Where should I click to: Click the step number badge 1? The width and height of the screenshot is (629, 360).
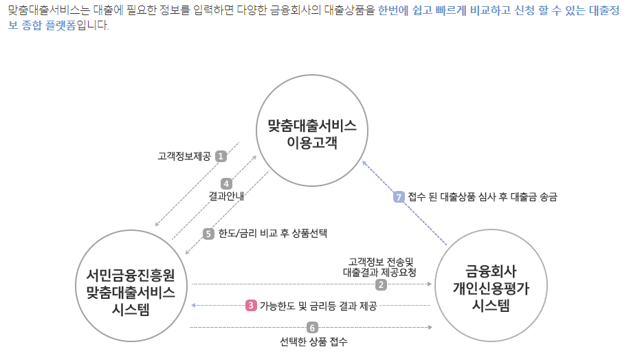tap(221, 156)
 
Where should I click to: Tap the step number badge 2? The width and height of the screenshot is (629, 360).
tap(380, 284)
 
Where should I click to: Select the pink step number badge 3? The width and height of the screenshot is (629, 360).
tap(251, 305)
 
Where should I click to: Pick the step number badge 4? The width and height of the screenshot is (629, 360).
tap(227, 183)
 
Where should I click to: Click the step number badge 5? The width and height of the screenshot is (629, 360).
tap(209, 234)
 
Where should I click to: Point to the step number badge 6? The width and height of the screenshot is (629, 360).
tap(313, 328)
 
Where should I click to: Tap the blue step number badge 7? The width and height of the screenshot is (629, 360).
tap(399, 196)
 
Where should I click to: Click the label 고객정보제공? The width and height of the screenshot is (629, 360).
tap(184, 157)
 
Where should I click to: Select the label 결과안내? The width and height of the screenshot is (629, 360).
tap(227, 196)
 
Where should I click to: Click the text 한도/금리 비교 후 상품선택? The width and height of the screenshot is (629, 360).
tap(272, 234)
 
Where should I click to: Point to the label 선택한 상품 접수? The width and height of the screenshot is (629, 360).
tap(313, 341)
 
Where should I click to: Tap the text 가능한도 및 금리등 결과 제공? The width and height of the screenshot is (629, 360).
tap(318, 306)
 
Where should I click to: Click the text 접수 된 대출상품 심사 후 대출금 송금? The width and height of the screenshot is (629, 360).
tap(482, 196)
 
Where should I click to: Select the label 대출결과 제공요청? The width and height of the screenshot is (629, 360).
tap(379, 271)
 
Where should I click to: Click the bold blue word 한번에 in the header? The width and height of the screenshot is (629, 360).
tap(395, 12)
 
